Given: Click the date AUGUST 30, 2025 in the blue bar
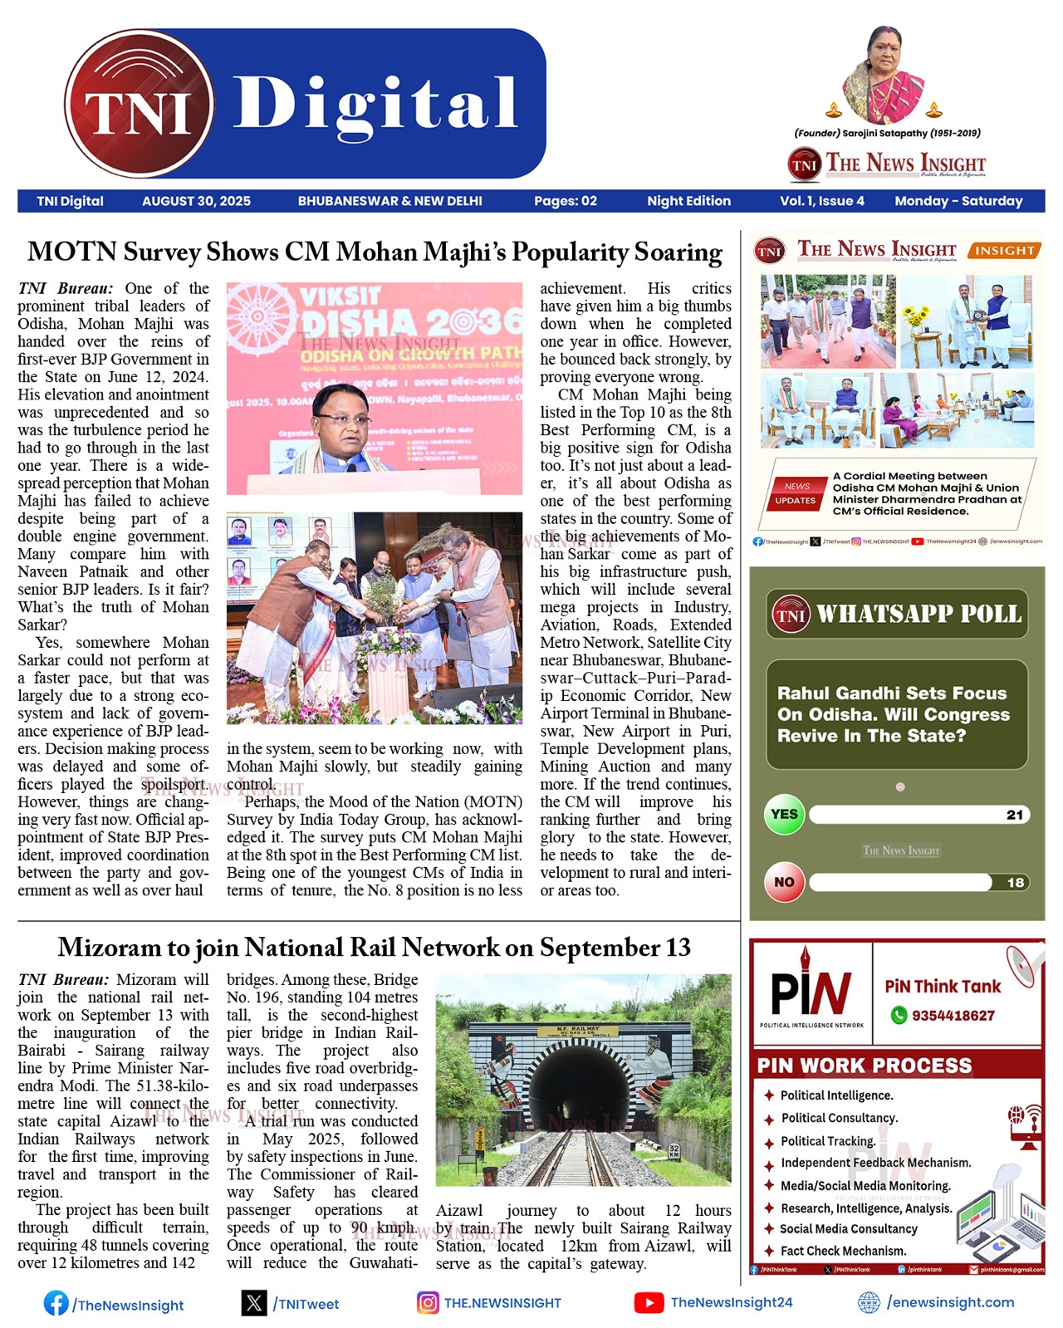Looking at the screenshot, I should (196, 201).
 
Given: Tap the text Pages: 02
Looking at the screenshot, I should (565, 201).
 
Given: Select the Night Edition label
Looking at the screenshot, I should (688, 201).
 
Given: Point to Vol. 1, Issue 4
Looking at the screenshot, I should (821, 201).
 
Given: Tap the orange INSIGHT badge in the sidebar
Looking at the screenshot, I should (1004, 250).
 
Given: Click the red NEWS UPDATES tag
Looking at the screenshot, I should (795, 493).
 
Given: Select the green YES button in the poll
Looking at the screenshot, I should (784, 815).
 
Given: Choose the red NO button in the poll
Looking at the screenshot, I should (784, 882).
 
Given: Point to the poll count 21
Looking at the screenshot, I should (1014, 815).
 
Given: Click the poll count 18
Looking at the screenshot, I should (1015, 883).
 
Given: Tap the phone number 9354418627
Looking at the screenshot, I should (953, 1015).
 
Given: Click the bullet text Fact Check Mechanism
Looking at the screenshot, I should (843, 1251).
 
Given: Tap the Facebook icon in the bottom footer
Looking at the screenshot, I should (56, 1303).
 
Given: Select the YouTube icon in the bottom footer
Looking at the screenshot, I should (649, 1302).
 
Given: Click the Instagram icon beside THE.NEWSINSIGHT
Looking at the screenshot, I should (428, 1302).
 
